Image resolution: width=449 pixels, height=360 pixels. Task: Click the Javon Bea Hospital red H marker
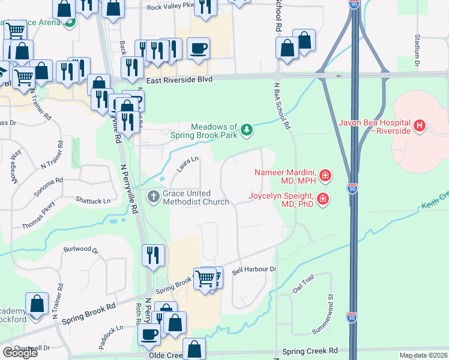tap(420, 127)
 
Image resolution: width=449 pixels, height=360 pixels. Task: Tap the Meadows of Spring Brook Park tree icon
tap(246, 130)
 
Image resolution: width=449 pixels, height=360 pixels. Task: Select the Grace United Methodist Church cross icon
tap(154, 196)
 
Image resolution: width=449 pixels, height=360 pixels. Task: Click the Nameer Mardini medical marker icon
tap(325, 175)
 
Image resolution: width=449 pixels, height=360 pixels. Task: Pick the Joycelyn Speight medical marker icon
tap(323, 199)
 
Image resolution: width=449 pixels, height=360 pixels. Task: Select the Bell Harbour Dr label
tap(253, 270)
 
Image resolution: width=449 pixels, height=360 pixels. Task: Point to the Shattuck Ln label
tap(93, 200)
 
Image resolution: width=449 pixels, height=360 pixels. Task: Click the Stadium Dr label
tap(417, 50)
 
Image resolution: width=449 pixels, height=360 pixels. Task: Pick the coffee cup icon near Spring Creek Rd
tap(149, 335)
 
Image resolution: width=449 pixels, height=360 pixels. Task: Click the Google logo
tap(20, 353)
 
